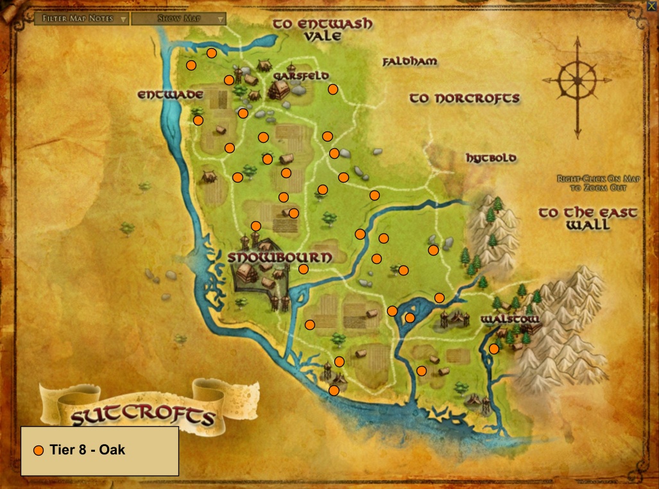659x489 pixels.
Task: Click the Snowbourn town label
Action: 280,257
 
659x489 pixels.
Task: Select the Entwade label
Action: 170,95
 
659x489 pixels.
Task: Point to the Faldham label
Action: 409,62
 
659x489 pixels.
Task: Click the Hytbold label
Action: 492,158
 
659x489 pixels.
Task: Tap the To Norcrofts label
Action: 465,98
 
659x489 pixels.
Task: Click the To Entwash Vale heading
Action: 323,29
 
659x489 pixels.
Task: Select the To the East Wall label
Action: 588,219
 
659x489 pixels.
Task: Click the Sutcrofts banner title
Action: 142,417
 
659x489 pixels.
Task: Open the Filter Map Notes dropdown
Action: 82,19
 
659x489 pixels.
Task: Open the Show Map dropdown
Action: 178,19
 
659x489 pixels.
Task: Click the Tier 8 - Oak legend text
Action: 87,450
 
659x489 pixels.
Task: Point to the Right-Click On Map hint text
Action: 599,183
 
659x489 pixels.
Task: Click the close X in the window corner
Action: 651,6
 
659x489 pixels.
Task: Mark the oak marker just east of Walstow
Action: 494,349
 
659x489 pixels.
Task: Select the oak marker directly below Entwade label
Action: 198,120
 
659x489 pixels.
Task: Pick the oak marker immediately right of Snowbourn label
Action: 304,269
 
